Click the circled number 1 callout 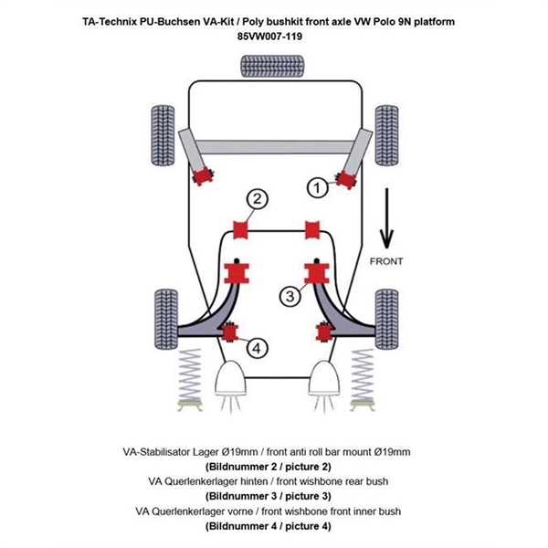pos(317,188)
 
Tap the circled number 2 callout pos(258,199)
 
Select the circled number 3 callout pos(289,295)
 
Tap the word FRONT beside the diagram pos(386,261)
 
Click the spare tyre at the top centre pos(273,66)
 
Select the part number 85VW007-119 pos(274,37)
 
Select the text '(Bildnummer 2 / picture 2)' pos(273,465)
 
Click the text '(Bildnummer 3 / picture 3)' pos(273,496)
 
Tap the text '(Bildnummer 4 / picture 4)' pos(273,527)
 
